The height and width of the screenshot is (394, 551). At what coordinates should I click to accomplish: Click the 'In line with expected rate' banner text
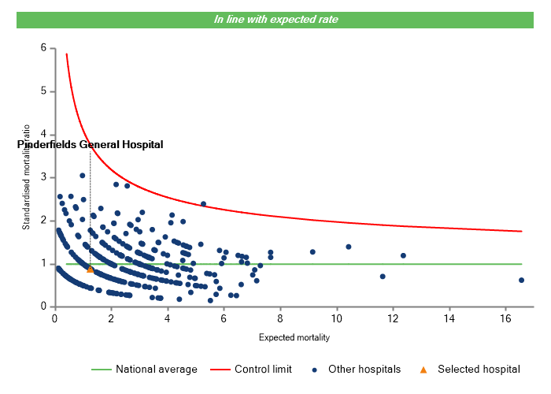[275, 20]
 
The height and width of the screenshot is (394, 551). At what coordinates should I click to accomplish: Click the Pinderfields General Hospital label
[90, 145]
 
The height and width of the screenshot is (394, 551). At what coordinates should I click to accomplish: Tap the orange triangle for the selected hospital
[91, 269]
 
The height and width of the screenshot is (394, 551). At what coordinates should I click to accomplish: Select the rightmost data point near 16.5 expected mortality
[521, 280]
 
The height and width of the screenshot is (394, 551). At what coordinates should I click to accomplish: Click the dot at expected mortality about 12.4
[404, 255]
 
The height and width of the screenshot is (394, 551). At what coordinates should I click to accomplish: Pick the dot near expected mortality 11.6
[383, 277]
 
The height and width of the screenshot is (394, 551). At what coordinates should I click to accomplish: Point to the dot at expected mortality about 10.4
[349, 247]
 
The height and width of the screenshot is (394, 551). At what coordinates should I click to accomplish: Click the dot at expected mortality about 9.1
[312, 252]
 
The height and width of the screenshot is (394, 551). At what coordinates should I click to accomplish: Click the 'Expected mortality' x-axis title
[294, 337]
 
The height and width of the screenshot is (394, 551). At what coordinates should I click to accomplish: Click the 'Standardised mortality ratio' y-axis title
[26, 177]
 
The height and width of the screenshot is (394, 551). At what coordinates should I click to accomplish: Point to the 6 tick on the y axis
[43, 48]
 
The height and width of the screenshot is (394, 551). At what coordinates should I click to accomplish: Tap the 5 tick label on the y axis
[43, 91]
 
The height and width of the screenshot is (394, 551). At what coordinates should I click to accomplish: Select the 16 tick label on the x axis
[505, 318]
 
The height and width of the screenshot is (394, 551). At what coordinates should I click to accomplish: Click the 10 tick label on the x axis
[336, 318]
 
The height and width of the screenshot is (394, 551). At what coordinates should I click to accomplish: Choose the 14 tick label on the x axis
[449, 318]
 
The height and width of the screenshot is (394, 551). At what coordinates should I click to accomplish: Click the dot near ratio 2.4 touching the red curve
[203, 204]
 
